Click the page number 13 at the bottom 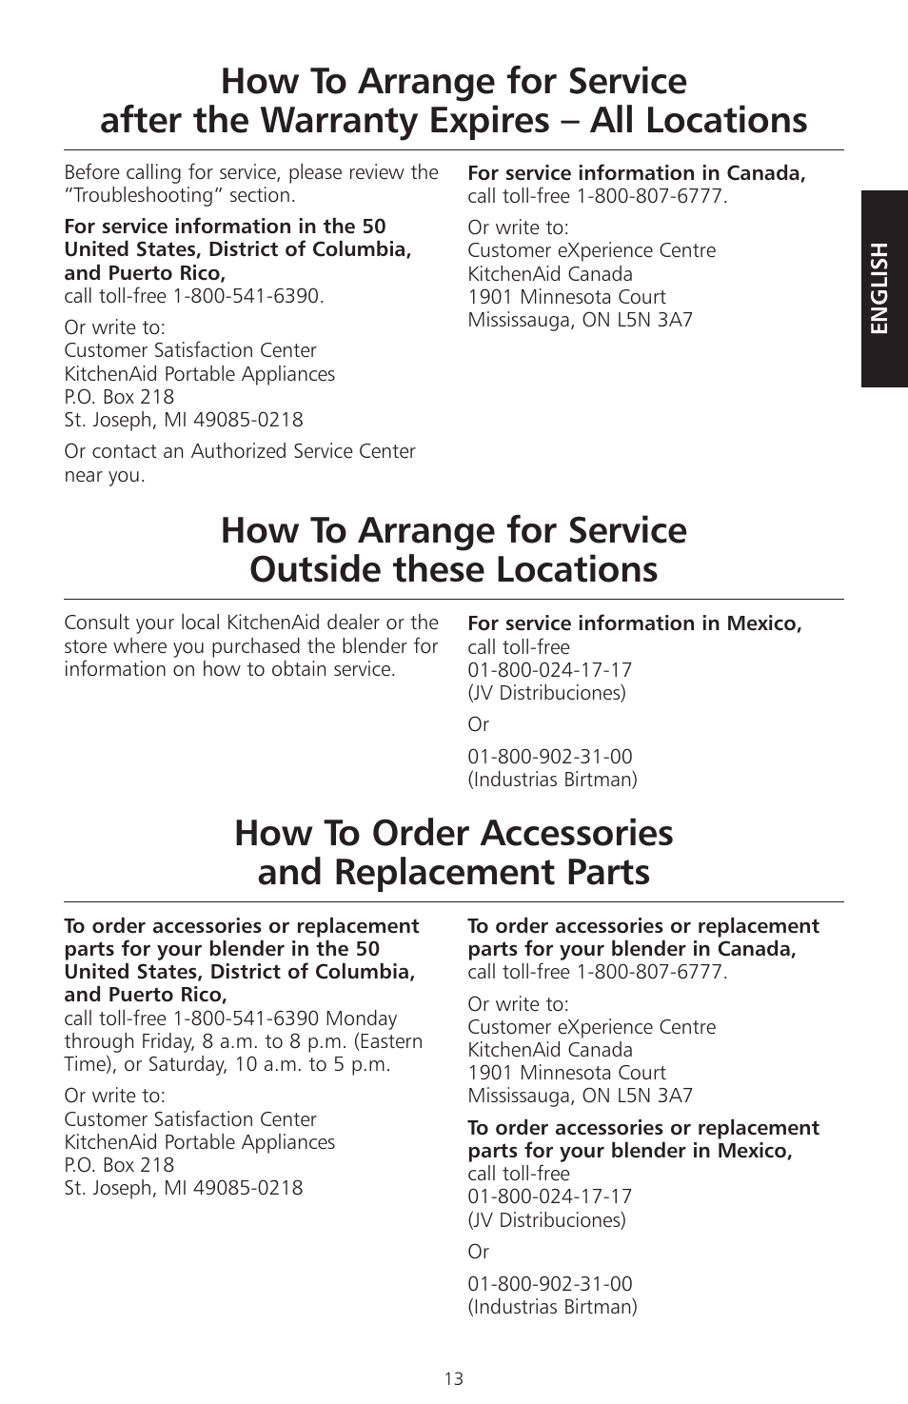[x=453, y=1378]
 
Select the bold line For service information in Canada [x=636, y=173]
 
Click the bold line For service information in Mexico [x=634, y=623]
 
